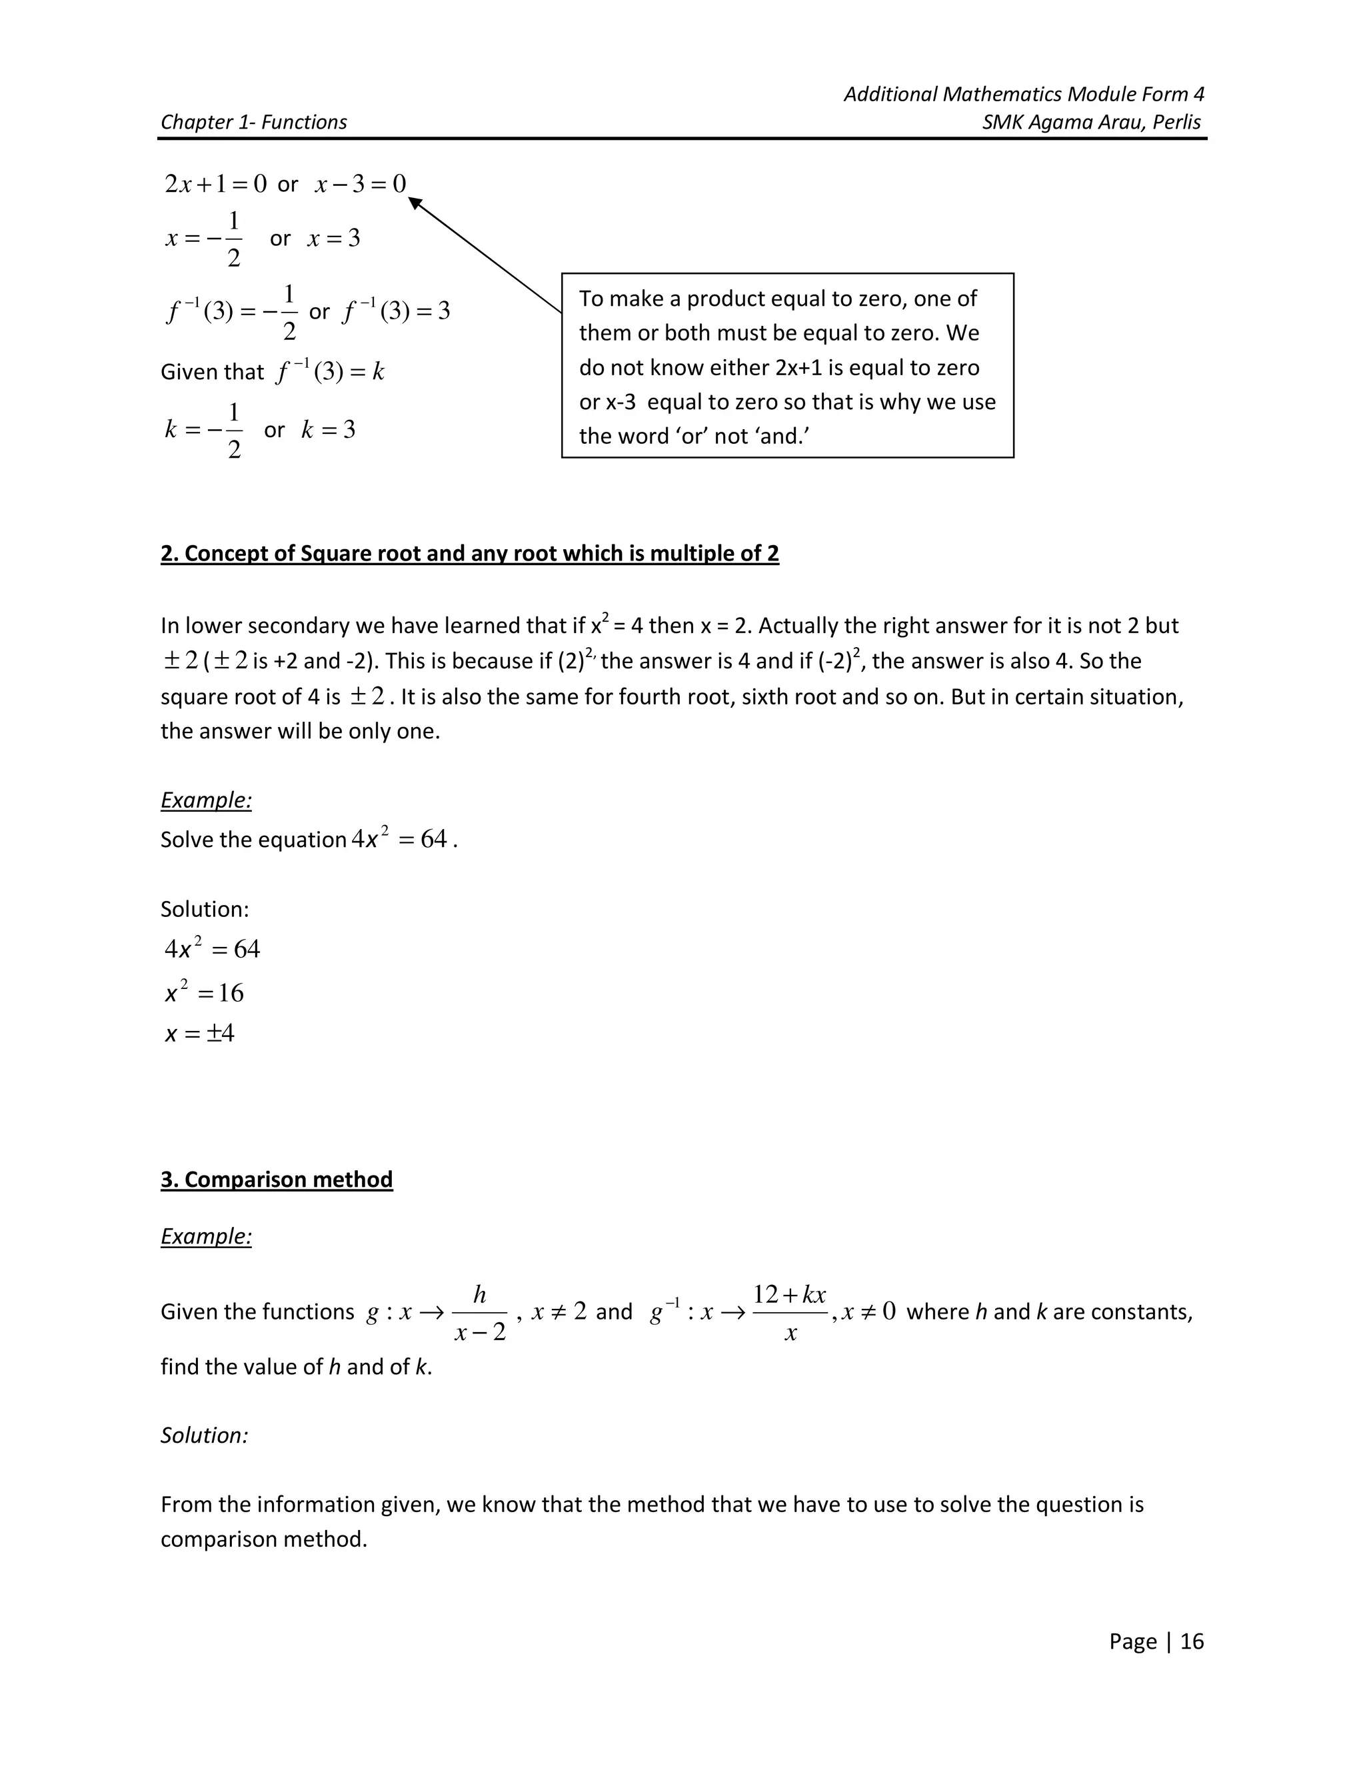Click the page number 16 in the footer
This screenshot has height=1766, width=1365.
[x=1191, y=1641]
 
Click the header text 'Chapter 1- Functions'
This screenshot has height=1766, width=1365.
[x=253, y=122]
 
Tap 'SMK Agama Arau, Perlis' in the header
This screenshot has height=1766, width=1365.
[x=1092, y=122]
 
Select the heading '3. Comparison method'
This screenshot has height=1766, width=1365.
[x=277, y=1179]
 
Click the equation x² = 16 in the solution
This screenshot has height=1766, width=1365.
[x=204, y=992]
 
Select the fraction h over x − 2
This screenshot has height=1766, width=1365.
[x=479, y=1314]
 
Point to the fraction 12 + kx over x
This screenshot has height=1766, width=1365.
[x=789, y=1314]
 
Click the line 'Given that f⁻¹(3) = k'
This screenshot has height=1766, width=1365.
[x=273, y=372]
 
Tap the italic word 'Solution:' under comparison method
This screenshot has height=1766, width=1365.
[x=204, y=1435]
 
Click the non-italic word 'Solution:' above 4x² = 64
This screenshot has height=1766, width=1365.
[x=205, y=909]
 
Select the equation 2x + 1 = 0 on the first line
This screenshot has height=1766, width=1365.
[x=215, y=185]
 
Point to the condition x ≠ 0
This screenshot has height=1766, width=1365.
[x=868, y=1311]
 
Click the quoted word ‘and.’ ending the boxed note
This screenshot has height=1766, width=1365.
[x=782, y=437]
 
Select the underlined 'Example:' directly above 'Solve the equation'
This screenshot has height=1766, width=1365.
[x=206, y=800]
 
